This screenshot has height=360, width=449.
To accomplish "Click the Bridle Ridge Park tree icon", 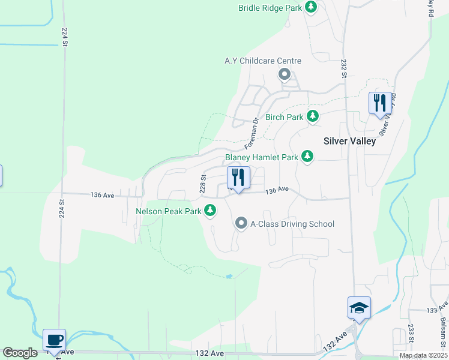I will click(x=311, y=7).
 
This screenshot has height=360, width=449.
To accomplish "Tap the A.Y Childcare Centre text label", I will click(x=263, y=61).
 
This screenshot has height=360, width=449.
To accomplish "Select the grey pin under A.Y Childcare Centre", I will click(x=285, y=75).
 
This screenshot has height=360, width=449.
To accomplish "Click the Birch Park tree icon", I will click(x=312, y=116).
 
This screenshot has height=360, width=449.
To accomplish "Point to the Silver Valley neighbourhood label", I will click(x=349, y=142).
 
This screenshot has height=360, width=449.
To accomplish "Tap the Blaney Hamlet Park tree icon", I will click(x=307, y=157).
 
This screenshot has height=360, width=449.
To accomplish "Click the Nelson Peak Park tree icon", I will click(x=210, y=211).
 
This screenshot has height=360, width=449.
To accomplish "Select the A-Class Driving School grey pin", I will click(x=242, y=224).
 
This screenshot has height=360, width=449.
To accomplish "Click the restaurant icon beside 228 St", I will click(x=238, y=178).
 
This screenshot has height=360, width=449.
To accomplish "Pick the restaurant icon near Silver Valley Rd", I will click(x=379, y=103).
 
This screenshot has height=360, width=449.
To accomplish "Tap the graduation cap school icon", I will click(x=359, y=308).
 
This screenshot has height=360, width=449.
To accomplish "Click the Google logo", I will click(x=20, y=353).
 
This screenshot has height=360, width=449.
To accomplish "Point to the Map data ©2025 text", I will click(x=423, y=356).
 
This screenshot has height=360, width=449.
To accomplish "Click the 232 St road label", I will click(x=343, y=68).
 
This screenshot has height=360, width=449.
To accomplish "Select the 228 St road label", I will click(x=203, y=183).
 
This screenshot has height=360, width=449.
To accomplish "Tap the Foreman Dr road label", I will click(x=252, y=134).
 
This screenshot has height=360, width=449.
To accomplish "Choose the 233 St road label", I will click(x=411, y=334).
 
